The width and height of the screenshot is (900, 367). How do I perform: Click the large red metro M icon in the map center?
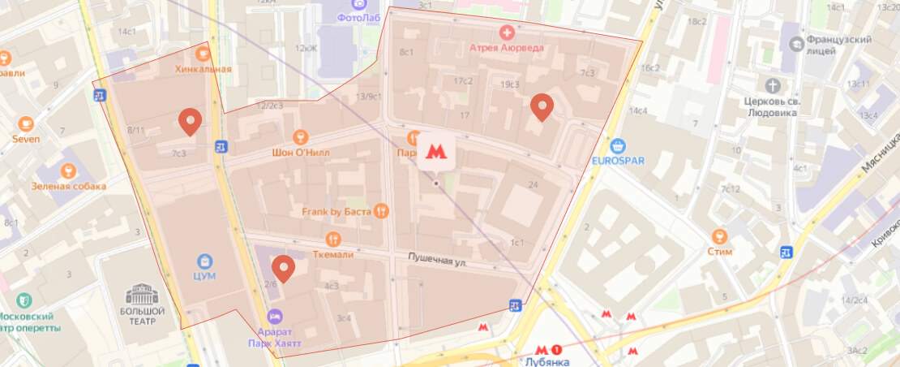click(436, 151)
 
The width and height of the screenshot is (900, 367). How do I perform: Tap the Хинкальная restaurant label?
click(203, 68)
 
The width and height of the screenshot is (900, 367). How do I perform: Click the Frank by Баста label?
click(334, 212)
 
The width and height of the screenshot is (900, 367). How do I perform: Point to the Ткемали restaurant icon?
click(332, 239)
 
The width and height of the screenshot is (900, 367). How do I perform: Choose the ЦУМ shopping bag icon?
click(205, 261)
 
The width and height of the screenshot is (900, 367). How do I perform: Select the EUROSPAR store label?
click(618, 160)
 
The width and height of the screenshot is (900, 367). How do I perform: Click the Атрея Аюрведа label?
click(507, 47)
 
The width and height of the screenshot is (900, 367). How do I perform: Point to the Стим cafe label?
click(719, 251)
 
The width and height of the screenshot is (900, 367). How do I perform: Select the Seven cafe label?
click(26, 139)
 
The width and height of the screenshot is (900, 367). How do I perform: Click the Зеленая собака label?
click(68, 186)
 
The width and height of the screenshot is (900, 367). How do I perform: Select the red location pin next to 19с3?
click(542, 106)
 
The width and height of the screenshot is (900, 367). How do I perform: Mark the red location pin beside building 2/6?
click(283, 267)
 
